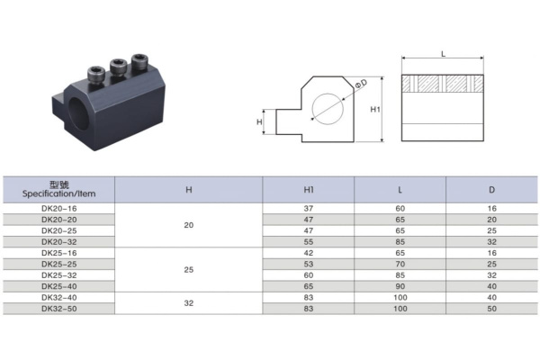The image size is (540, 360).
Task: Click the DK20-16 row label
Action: click(59, 207)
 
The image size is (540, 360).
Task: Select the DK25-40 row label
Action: click(59, 285)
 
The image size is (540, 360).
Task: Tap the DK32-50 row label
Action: click(59, 309)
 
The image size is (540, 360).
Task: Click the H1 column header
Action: click(309, 190)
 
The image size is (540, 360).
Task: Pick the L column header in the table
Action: click(400, 190)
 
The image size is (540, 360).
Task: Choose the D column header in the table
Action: click(490, 190)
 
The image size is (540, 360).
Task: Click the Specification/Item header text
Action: click(59, 194)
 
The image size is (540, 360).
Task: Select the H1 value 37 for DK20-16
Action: click(309, 207)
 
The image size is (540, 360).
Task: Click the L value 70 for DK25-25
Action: click(400, 264)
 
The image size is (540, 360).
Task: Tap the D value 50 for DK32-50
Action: click(490, 309)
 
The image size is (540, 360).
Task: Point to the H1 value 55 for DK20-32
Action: click(309, 241)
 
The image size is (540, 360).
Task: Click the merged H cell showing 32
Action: click(188, 303)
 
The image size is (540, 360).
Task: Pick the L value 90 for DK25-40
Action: click(400, 285)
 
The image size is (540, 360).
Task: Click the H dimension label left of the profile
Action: click(259, 121)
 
